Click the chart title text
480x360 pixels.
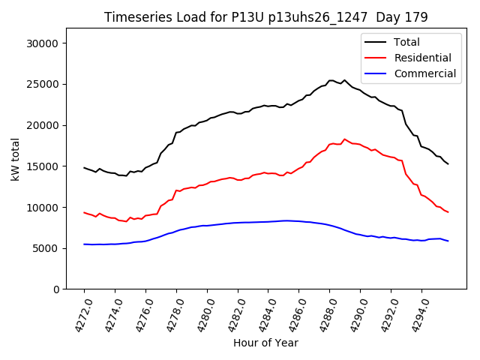pos(266,17)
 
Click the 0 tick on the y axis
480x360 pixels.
pos(56,289)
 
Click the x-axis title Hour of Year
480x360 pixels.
pos(265,343)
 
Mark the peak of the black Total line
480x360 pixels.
pos(331,80)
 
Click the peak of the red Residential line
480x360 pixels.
pos(344,139)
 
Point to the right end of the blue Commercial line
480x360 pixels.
pos(448,241)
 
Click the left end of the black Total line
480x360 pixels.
pos(84,168)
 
